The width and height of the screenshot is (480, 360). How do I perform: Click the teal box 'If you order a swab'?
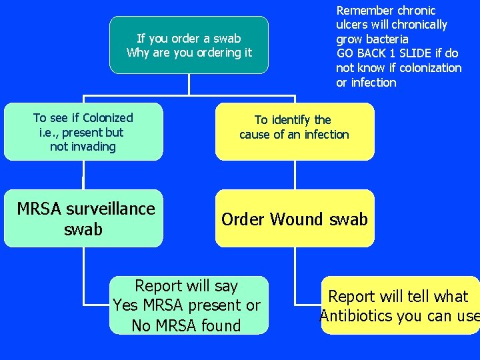[189, 45]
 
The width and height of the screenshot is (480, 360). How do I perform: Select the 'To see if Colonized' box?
[83, 131]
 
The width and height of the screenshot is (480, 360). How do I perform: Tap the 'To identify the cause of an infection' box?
[295, 131]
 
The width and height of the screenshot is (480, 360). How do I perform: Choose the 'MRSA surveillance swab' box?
[83, 218]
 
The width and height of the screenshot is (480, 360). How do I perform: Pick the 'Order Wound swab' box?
[295, 218]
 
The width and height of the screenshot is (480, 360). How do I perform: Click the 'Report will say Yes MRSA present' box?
[189, 305]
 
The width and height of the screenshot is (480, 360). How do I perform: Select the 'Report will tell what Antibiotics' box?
[401, 305]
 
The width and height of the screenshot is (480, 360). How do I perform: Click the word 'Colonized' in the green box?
[108, 118]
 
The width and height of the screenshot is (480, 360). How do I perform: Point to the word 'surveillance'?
[111, 209]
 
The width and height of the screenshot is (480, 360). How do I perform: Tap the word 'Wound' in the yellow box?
[296, 219]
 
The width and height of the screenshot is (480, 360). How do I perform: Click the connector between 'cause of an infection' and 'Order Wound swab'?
[295, 175]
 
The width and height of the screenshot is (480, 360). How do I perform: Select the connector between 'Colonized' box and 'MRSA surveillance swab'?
[83, 175]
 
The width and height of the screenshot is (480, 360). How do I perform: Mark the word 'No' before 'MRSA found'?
[141, 325]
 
